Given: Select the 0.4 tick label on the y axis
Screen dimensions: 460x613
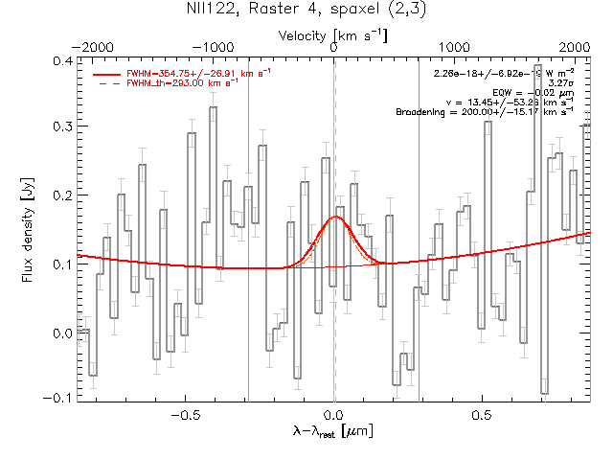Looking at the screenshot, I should click(x=60, y=60).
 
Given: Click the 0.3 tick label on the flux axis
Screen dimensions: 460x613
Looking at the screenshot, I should click(x=60, y=127).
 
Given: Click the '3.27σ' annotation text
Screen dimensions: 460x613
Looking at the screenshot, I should click(x=558, y=83).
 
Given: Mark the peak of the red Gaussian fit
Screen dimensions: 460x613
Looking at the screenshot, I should click(x=335, y=217).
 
